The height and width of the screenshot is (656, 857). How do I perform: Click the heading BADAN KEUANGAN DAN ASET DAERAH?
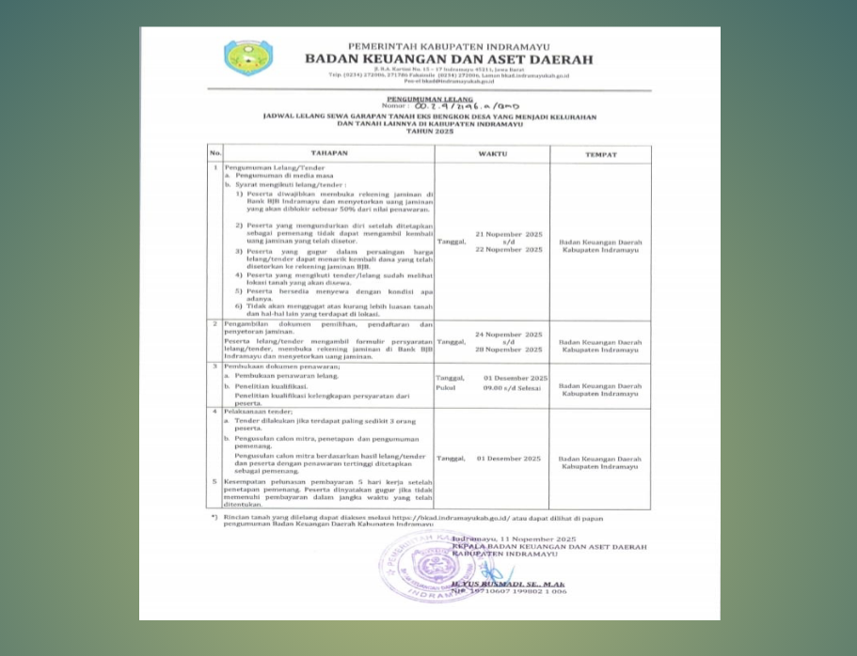click(449, 59)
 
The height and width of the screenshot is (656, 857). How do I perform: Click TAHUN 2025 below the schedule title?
click(429, 131)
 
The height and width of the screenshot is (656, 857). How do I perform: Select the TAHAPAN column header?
click(329, 153)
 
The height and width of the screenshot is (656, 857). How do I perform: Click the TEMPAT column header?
click(600, 153)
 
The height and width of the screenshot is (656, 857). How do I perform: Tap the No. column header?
click(215, 153)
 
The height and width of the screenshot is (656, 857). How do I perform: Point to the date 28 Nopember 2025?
click(509, 349)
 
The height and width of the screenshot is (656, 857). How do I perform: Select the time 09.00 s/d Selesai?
click(513, 386)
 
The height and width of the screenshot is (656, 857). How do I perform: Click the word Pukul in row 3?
click(446, 386)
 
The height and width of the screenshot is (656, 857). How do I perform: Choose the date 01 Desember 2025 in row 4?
click(509, 458)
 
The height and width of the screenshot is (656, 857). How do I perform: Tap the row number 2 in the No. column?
click(215, 323)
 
